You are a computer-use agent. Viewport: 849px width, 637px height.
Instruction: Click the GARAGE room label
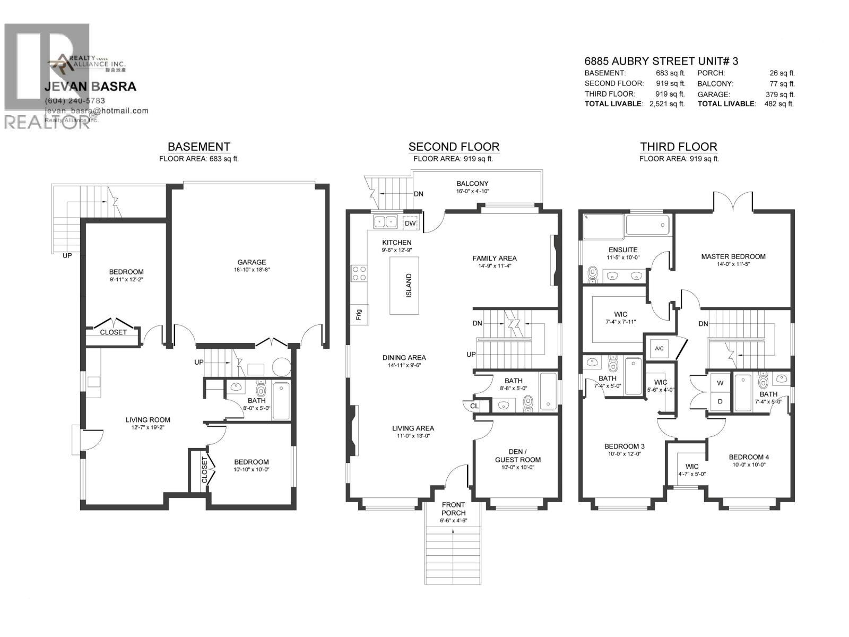pyautogui.click(x=252, y=262)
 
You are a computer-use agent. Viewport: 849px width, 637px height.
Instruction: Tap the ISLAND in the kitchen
pyautogui.click(x=404, y=286)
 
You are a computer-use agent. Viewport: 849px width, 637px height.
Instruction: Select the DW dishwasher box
pyautogui.click(x=410, y=223)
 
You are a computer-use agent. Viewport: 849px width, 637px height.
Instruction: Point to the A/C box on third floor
pyautogui.click(x=659, y=349)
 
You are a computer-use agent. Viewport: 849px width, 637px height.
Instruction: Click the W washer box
pyautogui.click(x=720, y=383)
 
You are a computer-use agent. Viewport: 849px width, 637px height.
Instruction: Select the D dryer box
pyautogui.click(x=720, y=401)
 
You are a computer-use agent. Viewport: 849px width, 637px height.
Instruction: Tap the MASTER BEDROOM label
pyautogui.click(x=733, y=256)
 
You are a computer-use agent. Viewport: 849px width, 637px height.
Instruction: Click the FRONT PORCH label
pyautogui.click(x=453, y=509)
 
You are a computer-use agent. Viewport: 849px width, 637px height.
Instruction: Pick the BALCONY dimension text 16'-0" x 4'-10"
pyautogui.click(x=473, y=192)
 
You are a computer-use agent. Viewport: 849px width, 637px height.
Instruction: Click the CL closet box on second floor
pyautogui.click(x=474, y=406)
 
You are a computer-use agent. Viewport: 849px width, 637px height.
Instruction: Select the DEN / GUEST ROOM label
pyautogui.click(x=517, y=455)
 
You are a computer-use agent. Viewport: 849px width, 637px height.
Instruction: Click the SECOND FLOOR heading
pyautogui.click(x=454, y=147)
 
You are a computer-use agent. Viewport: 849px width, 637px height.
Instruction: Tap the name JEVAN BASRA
pyautogui.click(x=90, y=87)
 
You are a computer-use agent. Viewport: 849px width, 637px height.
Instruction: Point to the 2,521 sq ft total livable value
pyautogui.click(x=666, y=104)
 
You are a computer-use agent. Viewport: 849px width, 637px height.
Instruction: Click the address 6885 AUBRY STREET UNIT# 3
pyautogui.click(x=661, y=61)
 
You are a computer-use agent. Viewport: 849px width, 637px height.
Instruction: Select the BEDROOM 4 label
pyautogui.click(x=748, y=457)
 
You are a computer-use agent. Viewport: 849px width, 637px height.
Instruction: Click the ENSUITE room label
pyautogui.click(x=623, y=249)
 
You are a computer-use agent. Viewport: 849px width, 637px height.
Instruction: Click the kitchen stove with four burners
pyautogui.click(x=359, y=273)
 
